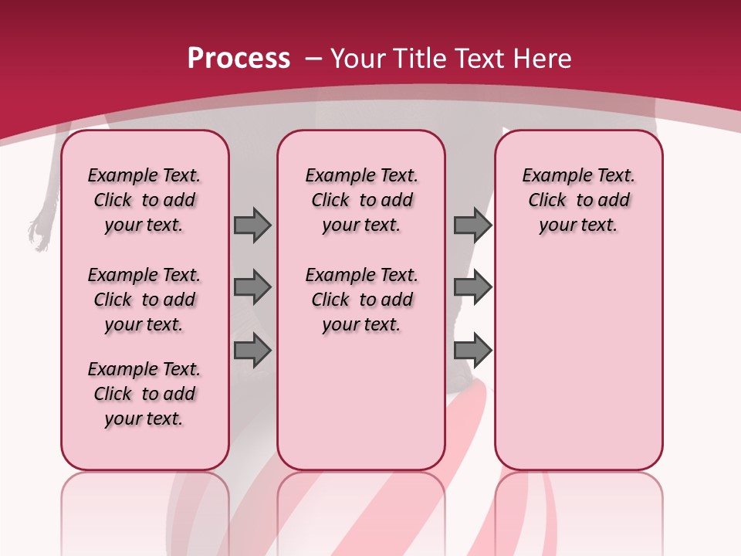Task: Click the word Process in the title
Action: (x=239, y=59)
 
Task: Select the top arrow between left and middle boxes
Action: (x=252, y=225)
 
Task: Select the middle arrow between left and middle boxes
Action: (x=252, y=287)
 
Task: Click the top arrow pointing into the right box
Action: (x=472, y=225)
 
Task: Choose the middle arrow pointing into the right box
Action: (x=472, y=287)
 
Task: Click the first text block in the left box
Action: (x=144, y=200)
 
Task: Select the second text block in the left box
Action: (x=144, y=300)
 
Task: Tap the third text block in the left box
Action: (x=144, y=394)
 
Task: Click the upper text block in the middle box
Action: (x=361, y=200)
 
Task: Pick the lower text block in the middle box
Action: (x=361, y=300)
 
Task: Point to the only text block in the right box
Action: (x=578, y=200)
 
